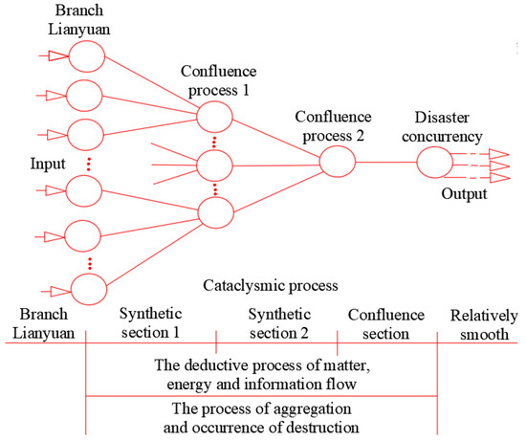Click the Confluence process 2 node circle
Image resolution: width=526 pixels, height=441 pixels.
337,162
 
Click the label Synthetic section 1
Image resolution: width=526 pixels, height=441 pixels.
149,322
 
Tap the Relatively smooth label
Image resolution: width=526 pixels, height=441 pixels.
486,322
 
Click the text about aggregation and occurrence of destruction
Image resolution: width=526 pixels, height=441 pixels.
261,418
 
